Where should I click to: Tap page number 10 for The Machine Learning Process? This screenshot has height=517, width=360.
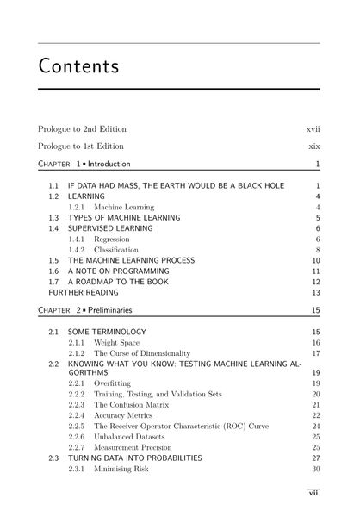coord(315,260)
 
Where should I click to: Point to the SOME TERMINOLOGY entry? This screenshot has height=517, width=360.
coord(107,332)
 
